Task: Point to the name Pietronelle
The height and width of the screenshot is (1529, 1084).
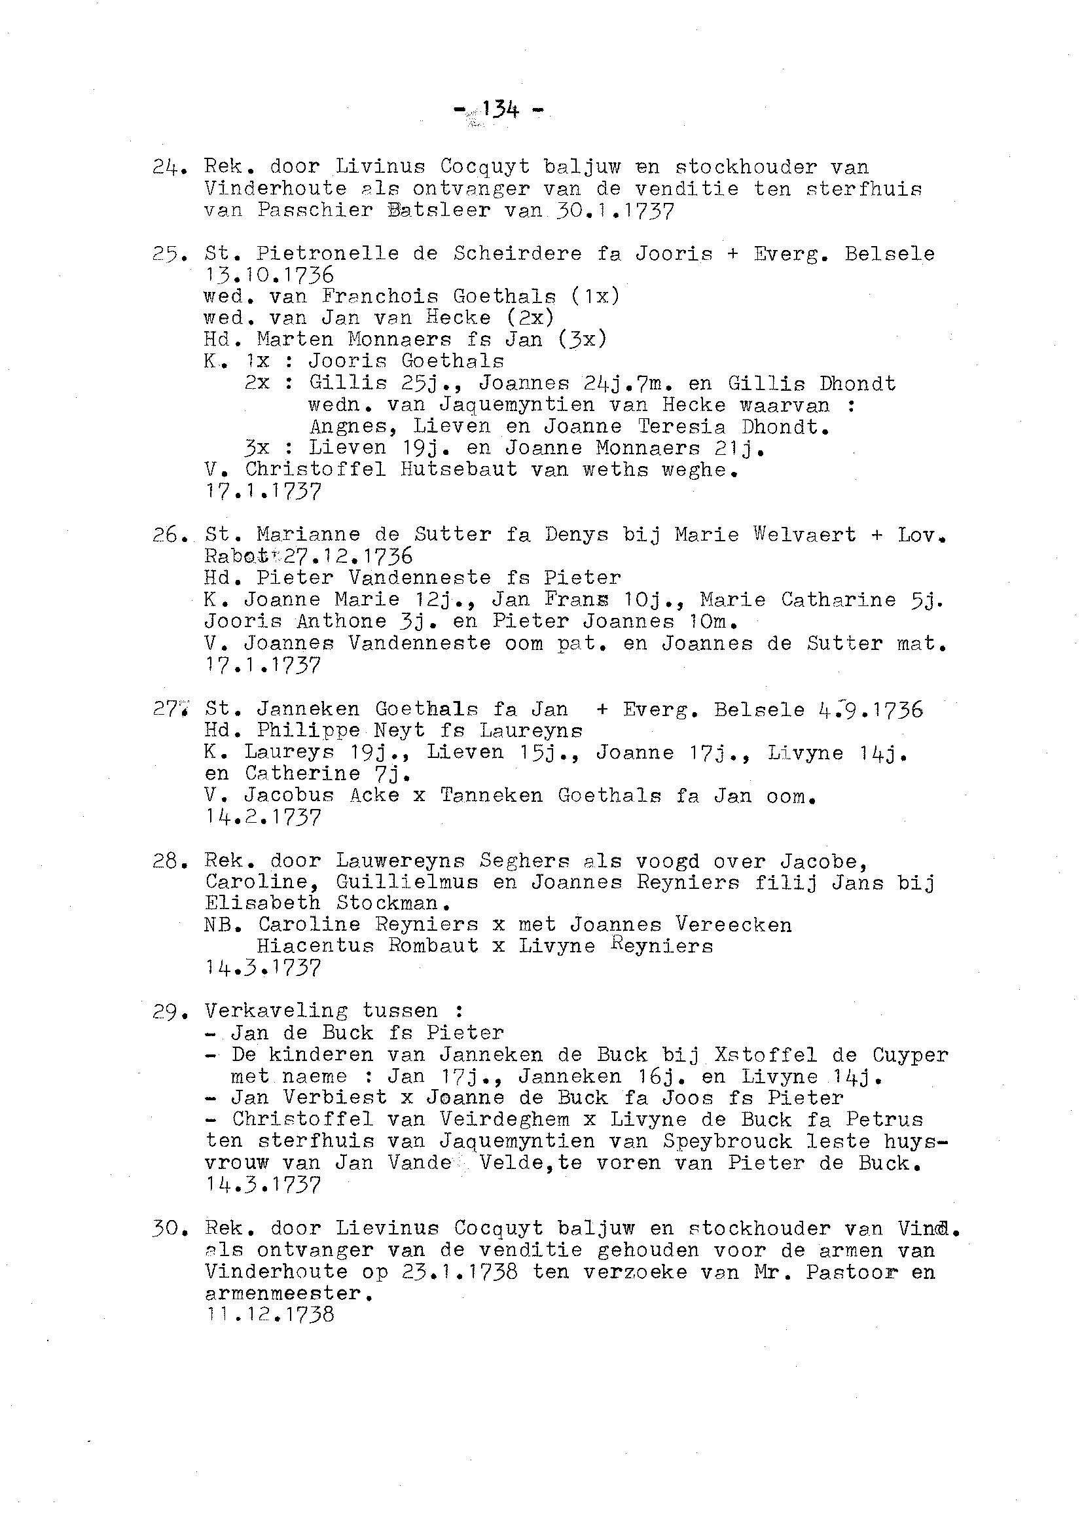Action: (x=327, y=253)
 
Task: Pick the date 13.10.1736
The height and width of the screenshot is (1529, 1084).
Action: (x=269, y=275)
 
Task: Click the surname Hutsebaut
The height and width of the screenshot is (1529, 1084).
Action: (x=459, y=470)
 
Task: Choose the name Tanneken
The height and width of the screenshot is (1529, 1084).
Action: (x=490, y=795)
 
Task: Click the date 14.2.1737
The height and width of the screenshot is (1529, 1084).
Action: (x=263, y=818)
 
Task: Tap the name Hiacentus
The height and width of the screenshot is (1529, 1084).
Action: (x=314, y=946)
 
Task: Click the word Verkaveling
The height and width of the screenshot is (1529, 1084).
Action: (x=276, y=1011)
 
